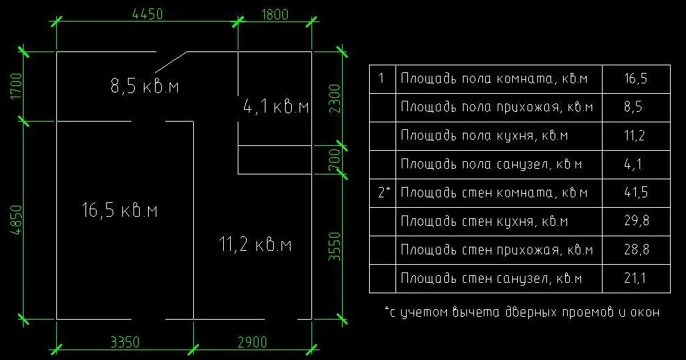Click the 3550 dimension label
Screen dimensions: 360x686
tap(334, 246)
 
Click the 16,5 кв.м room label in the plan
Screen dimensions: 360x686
tap(119, 209)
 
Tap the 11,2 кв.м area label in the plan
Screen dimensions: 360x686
tap(254, 245)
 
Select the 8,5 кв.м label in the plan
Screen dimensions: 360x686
tap(145, 86)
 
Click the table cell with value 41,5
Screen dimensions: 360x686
tap(635, 193)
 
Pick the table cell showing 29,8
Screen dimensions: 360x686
tap(635, 221)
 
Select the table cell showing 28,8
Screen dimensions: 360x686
tap(635, 249)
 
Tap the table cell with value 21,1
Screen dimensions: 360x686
tap(635, 278)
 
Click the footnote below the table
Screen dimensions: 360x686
tap(521, 312)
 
